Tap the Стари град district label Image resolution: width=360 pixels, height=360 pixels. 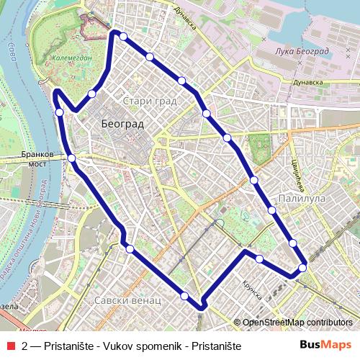click(149, 101)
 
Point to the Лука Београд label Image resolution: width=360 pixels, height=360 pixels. click(302, 51)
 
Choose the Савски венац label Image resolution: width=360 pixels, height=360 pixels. click(123, 300)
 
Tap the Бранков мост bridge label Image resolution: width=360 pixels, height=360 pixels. click(38, 159)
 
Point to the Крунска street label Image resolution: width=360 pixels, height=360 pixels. click(253, 285)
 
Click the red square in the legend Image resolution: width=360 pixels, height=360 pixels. click(11, 346)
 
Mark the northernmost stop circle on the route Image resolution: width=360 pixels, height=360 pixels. click(124, 36)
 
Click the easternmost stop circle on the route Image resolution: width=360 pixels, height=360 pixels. click(302, 268)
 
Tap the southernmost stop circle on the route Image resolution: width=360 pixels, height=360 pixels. click(185, 295)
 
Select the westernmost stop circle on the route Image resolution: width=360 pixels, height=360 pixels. click(59, 112)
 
